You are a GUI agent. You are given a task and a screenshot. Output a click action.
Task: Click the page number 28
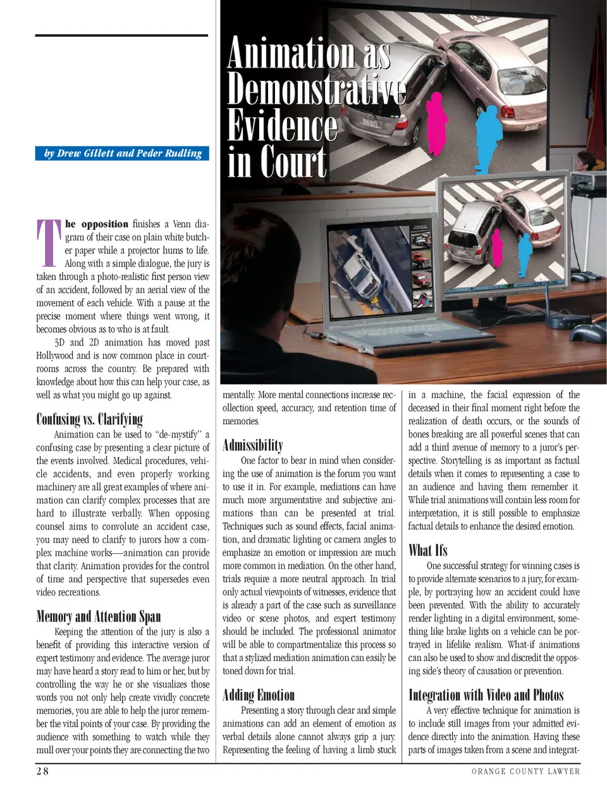(42, 770)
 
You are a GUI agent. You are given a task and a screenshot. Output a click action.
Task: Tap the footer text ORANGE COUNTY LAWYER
(525, 771)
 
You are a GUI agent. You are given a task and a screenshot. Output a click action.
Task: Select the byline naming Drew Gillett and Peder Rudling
(123, 153)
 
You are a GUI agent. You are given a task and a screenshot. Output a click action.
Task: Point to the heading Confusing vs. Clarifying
(89, 419)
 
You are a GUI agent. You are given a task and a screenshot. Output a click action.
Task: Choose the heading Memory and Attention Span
(98, 617)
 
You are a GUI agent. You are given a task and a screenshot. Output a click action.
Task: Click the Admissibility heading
(253, 445)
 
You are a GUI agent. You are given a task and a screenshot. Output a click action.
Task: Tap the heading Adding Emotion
(259, 695)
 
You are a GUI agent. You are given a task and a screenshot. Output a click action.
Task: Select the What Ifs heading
(427, 550)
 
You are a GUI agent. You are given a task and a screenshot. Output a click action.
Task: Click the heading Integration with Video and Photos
(486, 695)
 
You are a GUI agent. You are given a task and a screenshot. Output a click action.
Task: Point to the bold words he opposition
(97, 224)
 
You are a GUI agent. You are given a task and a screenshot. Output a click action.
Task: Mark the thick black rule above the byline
(121, 35)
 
